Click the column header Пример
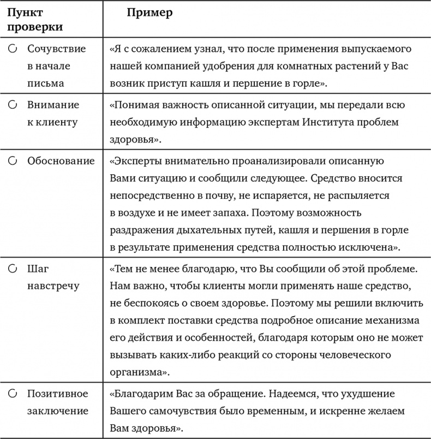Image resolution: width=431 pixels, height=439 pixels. point(149,13)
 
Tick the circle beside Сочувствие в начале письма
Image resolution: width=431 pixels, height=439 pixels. point(13,49)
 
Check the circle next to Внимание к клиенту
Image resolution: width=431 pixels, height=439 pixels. point(13,105)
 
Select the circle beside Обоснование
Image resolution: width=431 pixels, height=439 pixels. point(13,161)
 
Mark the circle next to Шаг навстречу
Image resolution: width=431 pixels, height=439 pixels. point(13,269)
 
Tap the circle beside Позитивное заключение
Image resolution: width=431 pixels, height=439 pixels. point(13,393)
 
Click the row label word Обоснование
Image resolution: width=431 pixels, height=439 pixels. point(61,161)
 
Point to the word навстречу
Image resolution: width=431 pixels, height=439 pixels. point(52,286)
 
